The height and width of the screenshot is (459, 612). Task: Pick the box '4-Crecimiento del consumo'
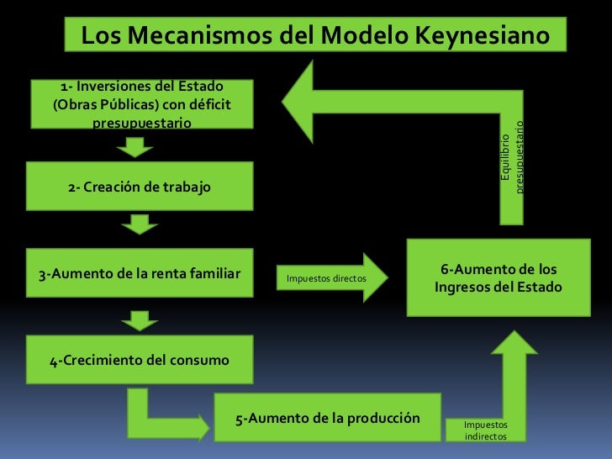[x=140, y=361]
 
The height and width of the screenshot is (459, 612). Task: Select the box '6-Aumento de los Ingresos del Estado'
[x=499, y=278]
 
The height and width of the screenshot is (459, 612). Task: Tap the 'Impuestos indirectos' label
[x=486, y=430]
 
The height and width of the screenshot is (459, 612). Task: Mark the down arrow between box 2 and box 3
[x=140, y=224]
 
